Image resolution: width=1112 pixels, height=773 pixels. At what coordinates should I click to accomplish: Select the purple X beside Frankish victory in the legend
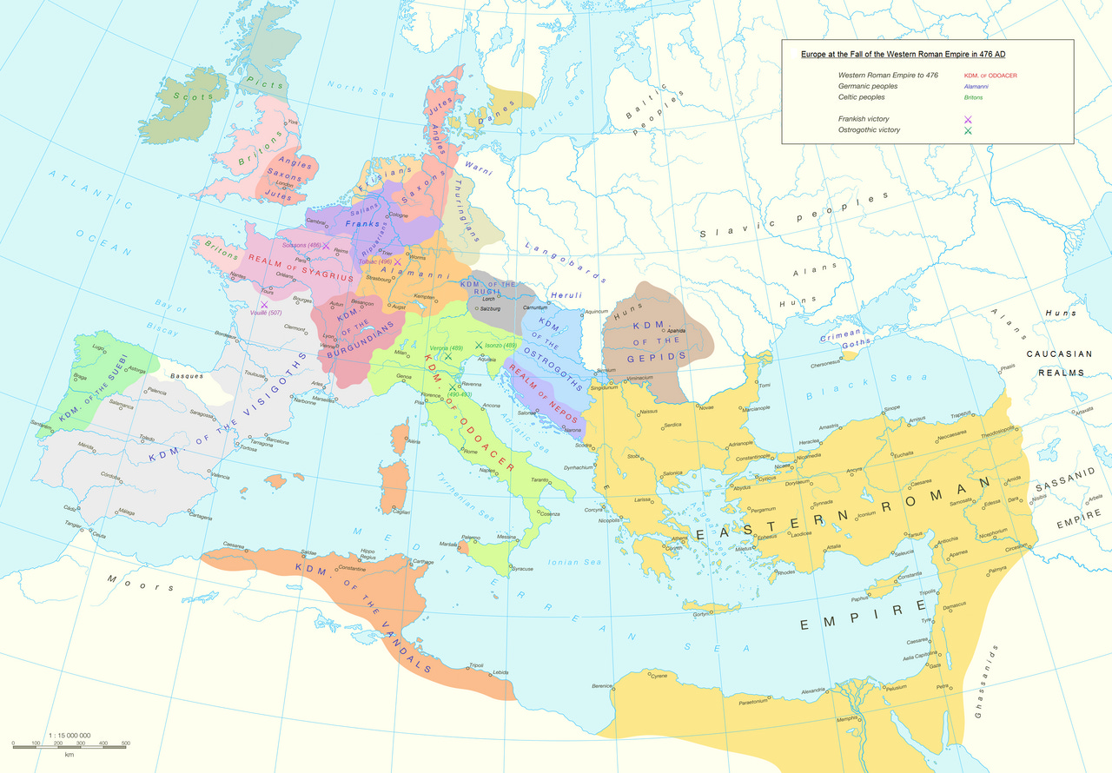click(x=967, y=119)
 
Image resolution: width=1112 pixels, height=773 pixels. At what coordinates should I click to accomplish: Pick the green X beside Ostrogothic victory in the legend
click(x=967, y=130)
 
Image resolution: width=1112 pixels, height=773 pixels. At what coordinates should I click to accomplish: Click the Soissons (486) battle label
click(x=301, y=246)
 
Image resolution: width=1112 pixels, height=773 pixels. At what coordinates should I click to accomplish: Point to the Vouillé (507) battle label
click(x=265, y=313)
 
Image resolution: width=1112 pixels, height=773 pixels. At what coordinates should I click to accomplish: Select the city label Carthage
click(x=423, y=562)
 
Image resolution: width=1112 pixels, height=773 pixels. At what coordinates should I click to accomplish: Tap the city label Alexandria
click(x=813, y=690)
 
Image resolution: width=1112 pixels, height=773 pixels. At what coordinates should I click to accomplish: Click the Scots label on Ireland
click(x=193, y=97)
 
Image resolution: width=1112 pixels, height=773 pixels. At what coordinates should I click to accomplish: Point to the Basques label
click(x=187, y=376)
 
